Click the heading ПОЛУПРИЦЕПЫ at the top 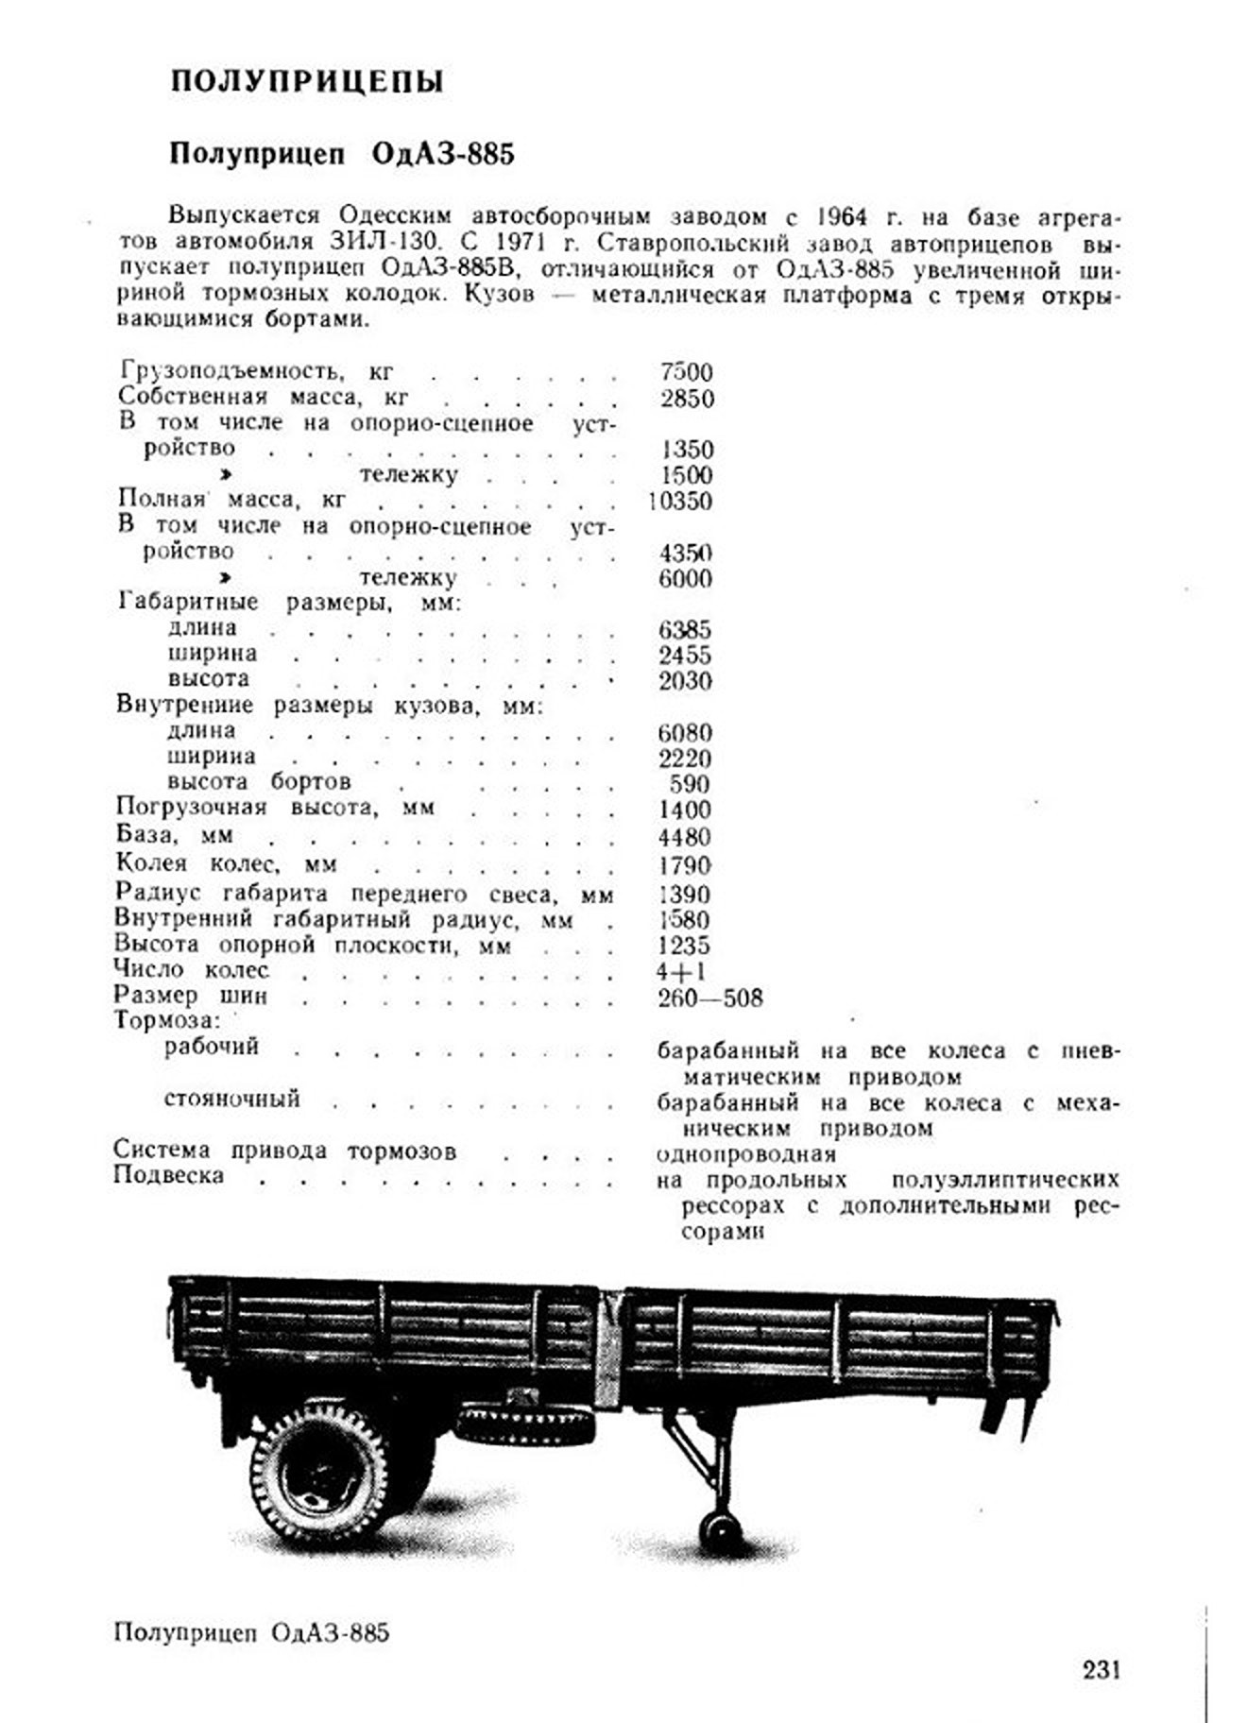click(307, 81)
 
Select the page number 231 click(1101, 1669)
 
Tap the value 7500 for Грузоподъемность click(686, 372)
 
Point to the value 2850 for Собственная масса click(686, 398)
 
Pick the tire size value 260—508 click(709, 998)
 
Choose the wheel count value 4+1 click(680, 971)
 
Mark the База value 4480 click(685, 837)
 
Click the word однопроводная click(746, 1153)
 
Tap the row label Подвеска click(168, 1175)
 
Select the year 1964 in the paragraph click(841, 217)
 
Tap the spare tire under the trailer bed click(524, 1424)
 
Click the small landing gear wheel click(720, 1529)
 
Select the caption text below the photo click(250, 1632)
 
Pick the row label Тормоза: click(167, 1020)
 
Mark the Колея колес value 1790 click(685, 865)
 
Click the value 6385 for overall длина click(685, 629)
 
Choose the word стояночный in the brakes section click(232, 1099)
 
